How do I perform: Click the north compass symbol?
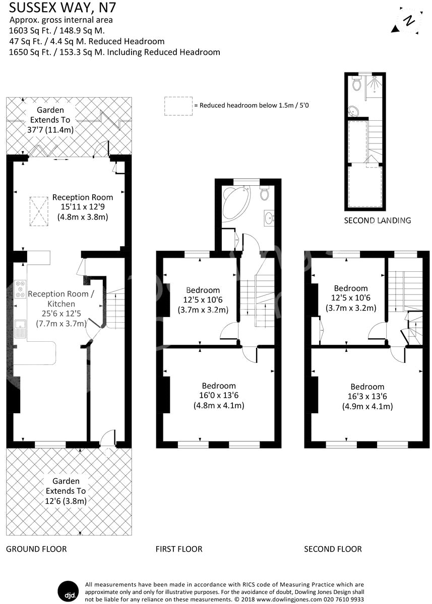click(410, 20)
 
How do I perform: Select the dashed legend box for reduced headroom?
click(178, 106)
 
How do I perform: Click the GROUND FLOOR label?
click(36, 549)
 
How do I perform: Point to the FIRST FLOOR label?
click(179, 549)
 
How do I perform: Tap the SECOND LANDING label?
click(377, 220)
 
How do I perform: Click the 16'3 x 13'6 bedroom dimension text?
click(367, 397)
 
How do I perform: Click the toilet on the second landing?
click(357, 84)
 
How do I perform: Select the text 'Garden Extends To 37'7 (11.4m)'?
click(50, 120)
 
